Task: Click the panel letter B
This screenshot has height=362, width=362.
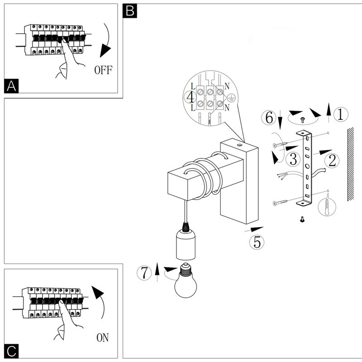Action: point(130,11)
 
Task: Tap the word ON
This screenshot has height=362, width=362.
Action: point(102,337)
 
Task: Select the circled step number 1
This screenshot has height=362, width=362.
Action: point(341,115)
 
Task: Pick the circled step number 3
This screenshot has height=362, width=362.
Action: point(294,159)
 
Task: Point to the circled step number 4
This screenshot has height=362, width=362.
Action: point(191,97)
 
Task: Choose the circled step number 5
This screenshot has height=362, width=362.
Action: point(257,242)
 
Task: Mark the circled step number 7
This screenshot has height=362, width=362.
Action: point(144,273)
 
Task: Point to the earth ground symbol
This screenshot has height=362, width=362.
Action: point(231,97)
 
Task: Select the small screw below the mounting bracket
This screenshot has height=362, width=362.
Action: point(302,220)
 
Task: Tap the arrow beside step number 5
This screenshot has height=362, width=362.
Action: point(255,229)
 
